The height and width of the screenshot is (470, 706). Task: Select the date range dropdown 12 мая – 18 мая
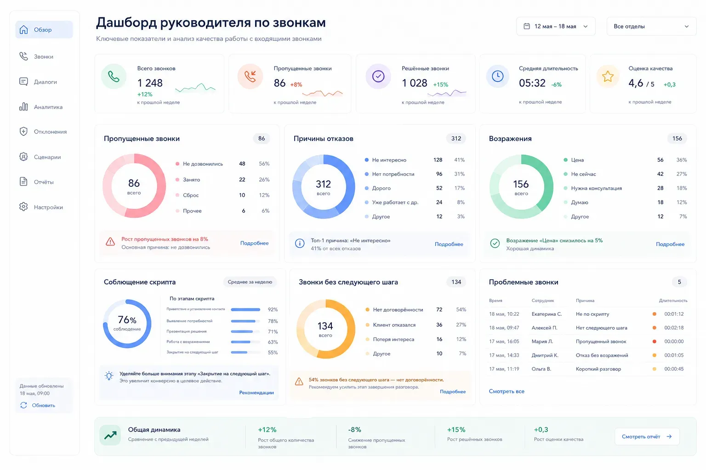click(x=556, y=27)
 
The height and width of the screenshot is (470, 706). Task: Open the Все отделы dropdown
click(x=651, y=27)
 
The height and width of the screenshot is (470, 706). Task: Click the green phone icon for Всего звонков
click(x=114, y=77)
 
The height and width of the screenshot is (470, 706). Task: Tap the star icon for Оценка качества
click(x=608, y=77)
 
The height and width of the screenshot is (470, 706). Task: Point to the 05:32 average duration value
click(x=532, y=83)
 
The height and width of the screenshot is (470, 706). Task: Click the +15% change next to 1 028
click(x=441, y=84)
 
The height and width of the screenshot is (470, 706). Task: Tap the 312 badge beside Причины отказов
click(x=456, y=139)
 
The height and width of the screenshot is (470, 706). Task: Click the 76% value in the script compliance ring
click(x=127, y=320)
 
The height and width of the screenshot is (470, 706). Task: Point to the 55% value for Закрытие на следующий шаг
click(x=273, y=352)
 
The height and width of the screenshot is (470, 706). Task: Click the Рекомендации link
click(x=256, y=392)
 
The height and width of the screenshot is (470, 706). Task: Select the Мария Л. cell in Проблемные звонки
click(x=542, y=341)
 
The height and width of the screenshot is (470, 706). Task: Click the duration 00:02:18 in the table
click(x=674, y=328)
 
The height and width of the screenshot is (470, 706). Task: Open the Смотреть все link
click(x=507, y=392)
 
